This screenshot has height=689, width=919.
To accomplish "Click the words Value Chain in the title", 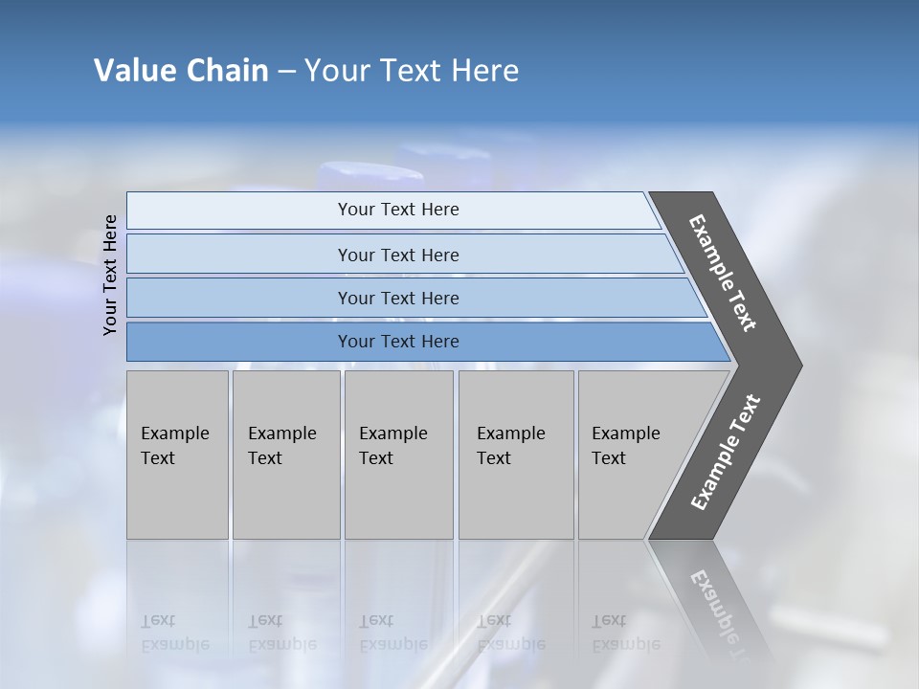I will (181, 71).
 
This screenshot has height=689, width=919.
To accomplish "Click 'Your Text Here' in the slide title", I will (412, 71).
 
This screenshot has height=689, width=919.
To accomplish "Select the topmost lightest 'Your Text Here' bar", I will (398, 210).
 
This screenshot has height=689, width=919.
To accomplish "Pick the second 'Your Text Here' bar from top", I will (398, 255).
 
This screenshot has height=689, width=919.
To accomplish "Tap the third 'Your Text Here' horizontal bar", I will (398, 298).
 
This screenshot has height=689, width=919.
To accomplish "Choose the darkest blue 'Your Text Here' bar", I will (398, 342).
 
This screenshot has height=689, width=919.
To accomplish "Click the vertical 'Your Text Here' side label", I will (110, 276).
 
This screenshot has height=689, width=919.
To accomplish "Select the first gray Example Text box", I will (177, 454).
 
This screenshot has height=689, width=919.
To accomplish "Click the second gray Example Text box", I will (285, 454).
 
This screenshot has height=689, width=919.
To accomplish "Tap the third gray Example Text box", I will (397, 454).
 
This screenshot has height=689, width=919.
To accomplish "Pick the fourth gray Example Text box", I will (515, 454).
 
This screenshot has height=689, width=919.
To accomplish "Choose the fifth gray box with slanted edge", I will (632, 454).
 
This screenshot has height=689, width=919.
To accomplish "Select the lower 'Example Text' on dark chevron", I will (726, 453).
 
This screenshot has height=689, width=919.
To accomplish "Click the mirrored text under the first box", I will (175, 633).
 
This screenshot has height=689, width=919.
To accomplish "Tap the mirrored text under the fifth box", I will (626, 633).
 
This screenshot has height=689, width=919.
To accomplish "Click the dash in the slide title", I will (286, 72).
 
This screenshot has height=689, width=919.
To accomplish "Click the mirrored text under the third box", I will (393, 633).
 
